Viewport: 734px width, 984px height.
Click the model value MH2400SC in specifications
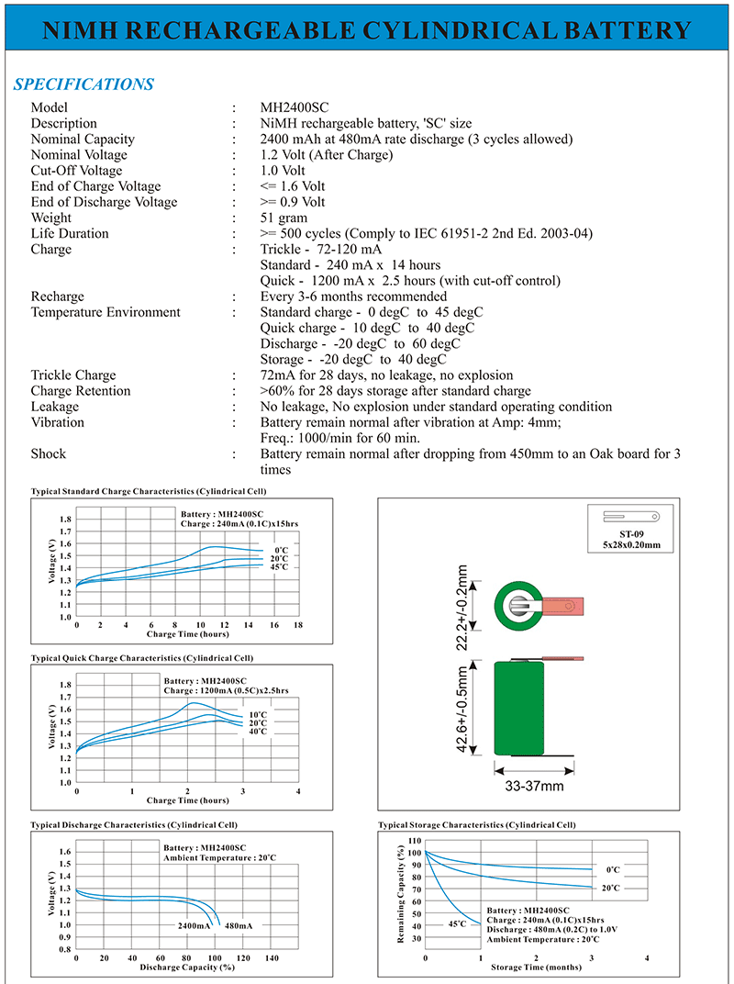pyautogui.click(x=293, y=107)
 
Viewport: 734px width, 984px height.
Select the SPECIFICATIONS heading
pyautogui.click(x=83, y=84)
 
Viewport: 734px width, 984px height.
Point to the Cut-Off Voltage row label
pyautogui.click(x=76, y=171)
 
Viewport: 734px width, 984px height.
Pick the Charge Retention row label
pyautogui.click(x=81, y=391)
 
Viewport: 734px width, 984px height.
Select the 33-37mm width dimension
pyautogui.click(x=536, y=786)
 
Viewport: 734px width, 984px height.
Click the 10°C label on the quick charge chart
pyautogui.click(x=258, y=714)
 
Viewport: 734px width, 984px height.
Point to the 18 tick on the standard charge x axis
pyautogui.click(x=298, y=625)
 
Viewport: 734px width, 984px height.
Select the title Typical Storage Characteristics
pyautogui.click(x=477, y=825)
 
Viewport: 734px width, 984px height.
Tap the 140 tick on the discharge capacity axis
pyautogui.click(x=272, y=957)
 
